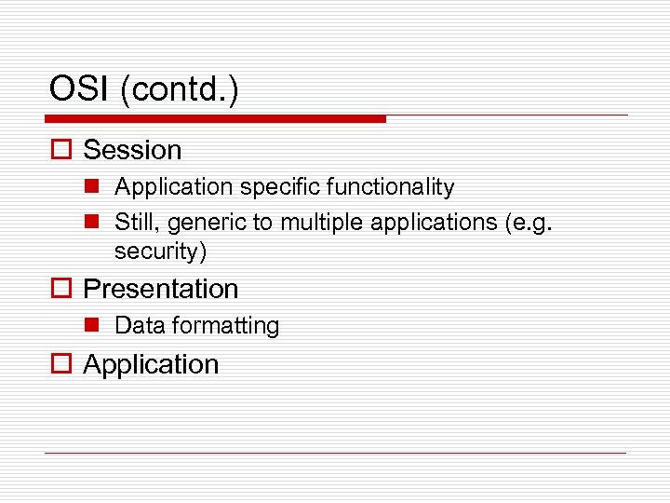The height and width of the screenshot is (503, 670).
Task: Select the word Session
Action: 132,150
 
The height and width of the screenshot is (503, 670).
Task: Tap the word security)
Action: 160,251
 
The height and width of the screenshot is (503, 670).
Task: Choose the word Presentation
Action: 161,290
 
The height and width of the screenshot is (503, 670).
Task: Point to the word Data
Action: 137,326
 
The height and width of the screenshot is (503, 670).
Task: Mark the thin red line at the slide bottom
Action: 335,453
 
